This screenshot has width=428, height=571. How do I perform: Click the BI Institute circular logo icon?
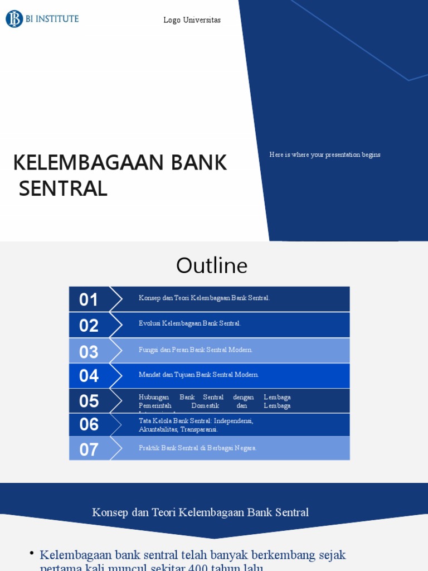click(14, 19)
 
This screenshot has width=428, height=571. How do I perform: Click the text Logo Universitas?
click(192, 20)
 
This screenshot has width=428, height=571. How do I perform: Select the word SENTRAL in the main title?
click(63, 188)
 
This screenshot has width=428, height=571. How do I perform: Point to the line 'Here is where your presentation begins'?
click(325, 154)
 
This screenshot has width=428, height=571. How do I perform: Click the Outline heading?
click(212, 265)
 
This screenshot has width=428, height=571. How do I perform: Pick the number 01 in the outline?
click(89, 300)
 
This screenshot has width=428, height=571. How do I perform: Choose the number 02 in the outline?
click(89, 326)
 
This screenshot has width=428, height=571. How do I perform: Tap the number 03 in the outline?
click(89, 352)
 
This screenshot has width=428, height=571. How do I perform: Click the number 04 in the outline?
click(89, 376)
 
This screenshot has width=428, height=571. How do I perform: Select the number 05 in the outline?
click(89, 401)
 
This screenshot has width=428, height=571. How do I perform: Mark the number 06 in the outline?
click(89, 424)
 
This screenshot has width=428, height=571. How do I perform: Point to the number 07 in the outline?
click(89, 449)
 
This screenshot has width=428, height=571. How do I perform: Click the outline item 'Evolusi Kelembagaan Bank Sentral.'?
click(189, 323)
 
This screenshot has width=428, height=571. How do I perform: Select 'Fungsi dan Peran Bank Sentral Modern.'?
click(196, 350)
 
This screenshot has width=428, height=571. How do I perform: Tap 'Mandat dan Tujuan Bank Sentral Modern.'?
click(198, 375)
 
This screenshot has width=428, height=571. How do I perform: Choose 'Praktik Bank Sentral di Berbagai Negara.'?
click(197, 448)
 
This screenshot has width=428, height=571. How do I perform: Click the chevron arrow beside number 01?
click(116, 299)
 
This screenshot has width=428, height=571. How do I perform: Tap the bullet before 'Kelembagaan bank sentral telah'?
click(32, 553)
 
